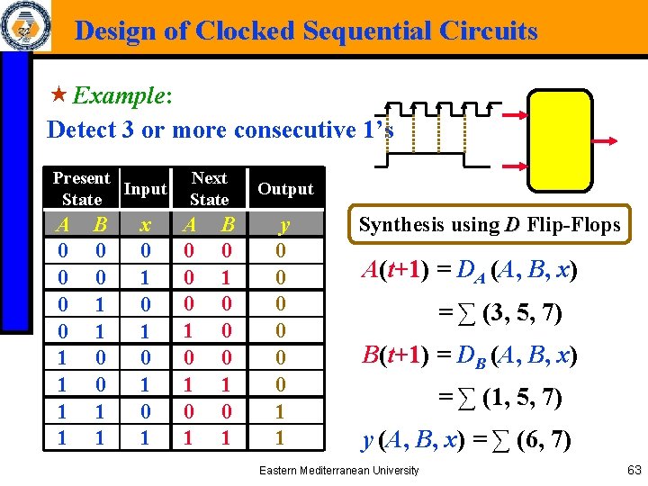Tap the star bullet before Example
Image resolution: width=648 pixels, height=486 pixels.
point(58,94)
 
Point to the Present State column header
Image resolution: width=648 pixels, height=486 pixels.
point(81,189)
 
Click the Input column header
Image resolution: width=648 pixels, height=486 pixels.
point(145,189)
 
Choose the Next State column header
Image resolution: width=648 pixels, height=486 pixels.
point(209,189)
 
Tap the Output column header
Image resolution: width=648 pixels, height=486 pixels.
point(285,189)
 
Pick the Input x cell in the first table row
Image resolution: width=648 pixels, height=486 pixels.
point(145,249)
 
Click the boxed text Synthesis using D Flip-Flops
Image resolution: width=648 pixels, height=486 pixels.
point(490,225)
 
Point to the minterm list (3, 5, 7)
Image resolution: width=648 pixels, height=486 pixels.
point(522,313)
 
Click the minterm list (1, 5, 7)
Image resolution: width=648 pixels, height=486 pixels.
point(522,396)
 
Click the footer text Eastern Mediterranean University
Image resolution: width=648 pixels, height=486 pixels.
point(338,470)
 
